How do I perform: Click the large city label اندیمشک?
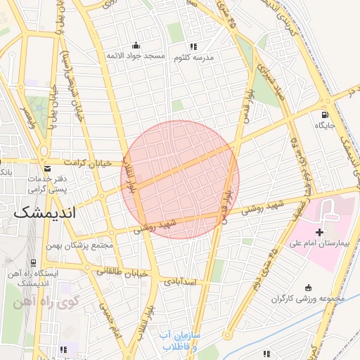[44, 211]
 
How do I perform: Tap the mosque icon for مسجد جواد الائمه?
[136, 45]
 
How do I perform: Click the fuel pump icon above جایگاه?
[323, 115]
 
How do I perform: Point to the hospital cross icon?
[320, 231]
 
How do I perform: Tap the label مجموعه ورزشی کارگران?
[308, 299]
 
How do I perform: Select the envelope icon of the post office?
[47, 169]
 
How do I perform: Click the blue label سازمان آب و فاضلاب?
[181, 342]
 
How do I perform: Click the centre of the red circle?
[181, 179]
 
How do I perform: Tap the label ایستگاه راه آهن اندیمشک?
[36, 277]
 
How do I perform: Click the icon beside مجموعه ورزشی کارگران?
[308, 287]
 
